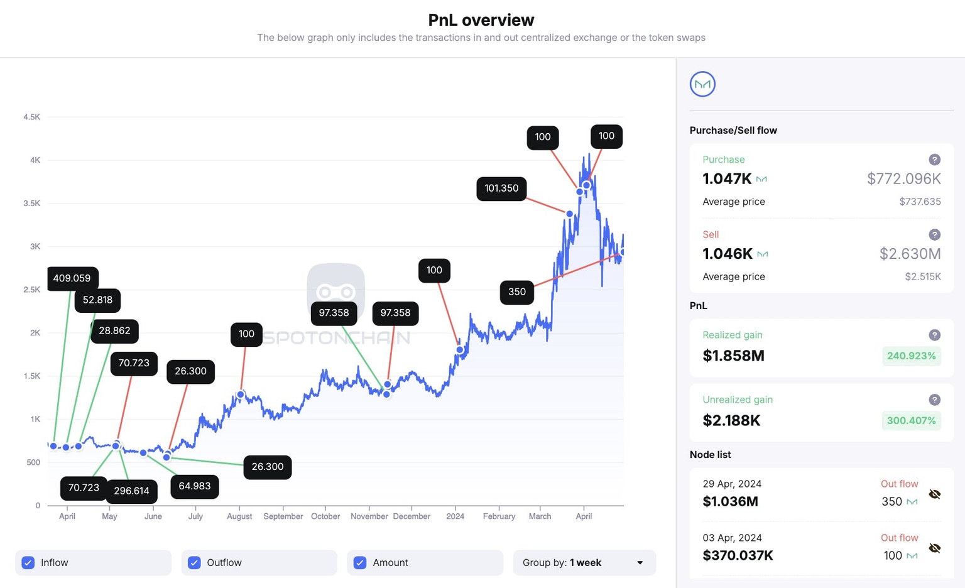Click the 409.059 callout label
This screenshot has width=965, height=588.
[72, 278]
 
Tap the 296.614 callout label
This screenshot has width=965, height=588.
[131, 491]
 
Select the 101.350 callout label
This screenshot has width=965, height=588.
[501, 188]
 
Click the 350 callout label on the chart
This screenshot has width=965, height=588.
[516, 291]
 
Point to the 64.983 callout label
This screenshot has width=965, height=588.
[195, 486]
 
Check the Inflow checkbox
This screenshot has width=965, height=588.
[28, 563]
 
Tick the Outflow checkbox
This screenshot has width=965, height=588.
[194, 563]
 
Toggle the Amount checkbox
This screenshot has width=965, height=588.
[360, 563]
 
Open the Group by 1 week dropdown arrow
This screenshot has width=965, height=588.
[640, 563]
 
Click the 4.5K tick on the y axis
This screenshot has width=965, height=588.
[31, 117]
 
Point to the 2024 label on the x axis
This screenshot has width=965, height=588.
[455, 516]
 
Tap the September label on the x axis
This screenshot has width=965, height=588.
[283, 516]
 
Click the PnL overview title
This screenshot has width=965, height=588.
[481, 20]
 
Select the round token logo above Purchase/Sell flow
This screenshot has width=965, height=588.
[702, 84]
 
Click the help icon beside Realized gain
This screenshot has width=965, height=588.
[934, 335]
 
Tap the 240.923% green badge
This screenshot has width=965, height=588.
[911, 356]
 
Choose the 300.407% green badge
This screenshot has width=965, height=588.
[911, 420]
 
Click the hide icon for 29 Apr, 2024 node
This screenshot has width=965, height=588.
[934, 494]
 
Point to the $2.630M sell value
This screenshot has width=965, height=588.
[910, 254]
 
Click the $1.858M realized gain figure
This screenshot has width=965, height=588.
[733, 356]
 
